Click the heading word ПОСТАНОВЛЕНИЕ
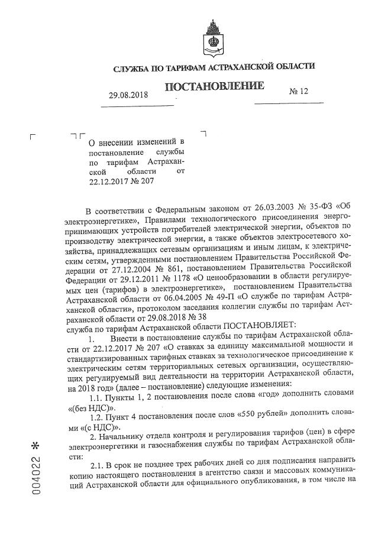click(x=214, y=87)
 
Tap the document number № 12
click(x=299, y=92)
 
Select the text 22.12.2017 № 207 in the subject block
click(x=121, y=181)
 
